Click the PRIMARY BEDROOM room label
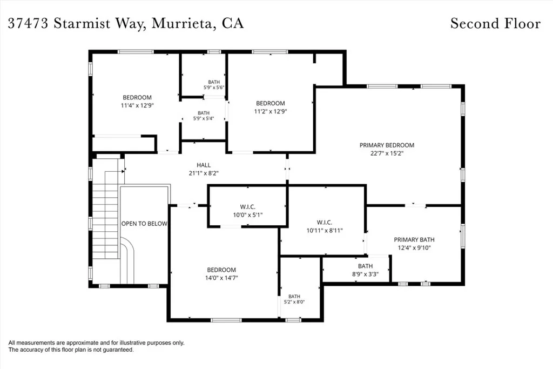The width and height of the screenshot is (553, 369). pos(387,145)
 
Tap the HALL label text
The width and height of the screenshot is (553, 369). pos(204,165)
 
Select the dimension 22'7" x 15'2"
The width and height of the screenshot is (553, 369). pos(387,153)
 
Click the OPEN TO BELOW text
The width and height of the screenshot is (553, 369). pos(144,223)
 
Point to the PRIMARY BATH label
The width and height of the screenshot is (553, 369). pos(414,239)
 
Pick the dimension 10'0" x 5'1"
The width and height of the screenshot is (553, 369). pos(247,215)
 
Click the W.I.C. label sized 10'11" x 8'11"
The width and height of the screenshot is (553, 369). pos(324,222)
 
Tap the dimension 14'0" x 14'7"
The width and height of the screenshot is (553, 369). pos(221,278)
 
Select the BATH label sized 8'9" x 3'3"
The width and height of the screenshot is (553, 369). pos(366,266)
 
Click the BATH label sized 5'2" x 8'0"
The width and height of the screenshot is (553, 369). pos(294,296)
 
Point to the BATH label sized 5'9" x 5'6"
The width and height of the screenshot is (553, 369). pos(214,82)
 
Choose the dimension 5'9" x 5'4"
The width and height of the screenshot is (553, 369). pos(204,118)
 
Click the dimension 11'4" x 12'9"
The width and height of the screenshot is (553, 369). pos(137,105)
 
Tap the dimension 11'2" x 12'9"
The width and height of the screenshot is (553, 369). pos(271,111)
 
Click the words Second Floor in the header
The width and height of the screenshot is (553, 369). pos(496,23)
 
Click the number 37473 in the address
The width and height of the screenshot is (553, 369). pos(28,23)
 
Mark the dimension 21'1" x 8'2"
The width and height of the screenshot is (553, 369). pos(204,173)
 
